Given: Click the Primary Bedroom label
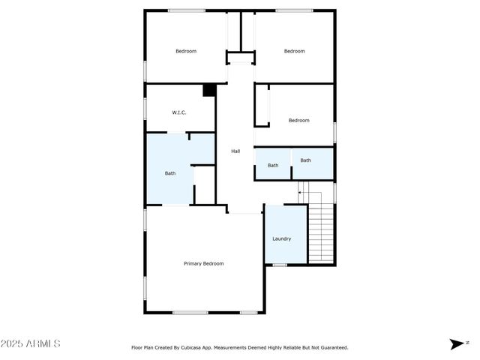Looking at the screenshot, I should click(204, 263).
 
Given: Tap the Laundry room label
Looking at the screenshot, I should click(282, 238).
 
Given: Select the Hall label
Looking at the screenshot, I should click(235, 151).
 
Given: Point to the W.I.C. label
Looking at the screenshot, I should click(179, 112).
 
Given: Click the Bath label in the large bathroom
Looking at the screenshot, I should click(170, 173).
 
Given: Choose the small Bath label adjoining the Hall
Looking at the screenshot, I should click(273, 165).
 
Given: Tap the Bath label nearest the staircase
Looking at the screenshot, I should click(306, 160).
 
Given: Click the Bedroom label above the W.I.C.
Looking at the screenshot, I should click(186, 51).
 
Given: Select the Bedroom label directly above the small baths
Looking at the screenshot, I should click(299, 120).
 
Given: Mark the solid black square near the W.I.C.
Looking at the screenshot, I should click(209, 90).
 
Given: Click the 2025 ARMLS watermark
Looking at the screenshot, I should click(31, 343).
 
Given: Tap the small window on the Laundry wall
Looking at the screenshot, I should click(279, 265).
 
